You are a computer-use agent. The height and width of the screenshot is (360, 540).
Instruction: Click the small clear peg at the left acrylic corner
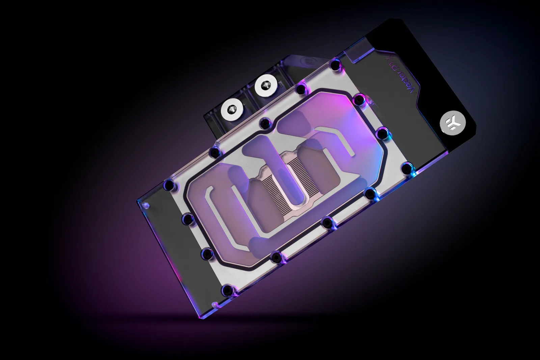145,205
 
